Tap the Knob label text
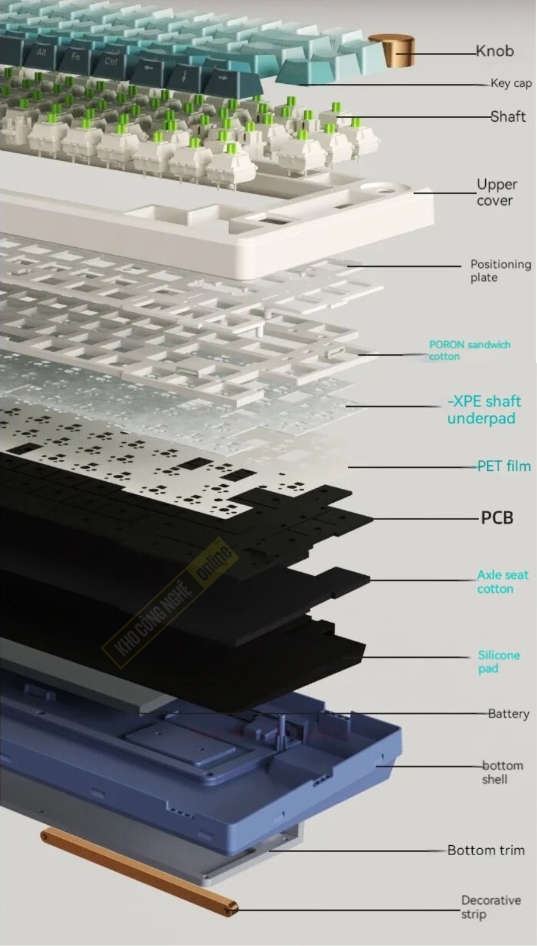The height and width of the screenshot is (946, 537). click(495, 51)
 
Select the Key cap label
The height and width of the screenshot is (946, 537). click(510, 83)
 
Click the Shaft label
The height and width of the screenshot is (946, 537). click(508, 117)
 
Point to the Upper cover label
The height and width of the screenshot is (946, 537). click(497, 192)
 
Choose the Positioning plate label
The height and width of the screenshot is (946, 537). click(500, 271)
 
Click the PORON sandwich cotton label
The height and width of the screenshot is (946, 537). click(469, 350)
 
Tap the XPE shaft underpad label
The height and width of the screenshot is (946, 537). click(484, 410)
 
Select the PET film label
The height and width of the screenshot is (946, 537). click(504, 466)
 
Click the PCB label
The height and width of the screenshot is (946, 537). click(497, 518)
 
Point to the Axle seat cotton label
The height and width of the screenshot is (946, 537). click(503, 581)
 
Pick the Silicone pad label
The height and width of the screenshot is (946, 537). click(499, 662)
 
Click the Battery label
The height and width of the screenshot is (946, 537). click(509, 714)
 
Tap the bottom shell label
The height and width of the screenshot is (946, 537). click(503, 772)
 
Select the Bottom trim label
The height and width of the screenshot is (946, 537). click(486, 850)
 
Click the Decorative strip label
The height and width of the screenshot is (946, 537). click(491, 907)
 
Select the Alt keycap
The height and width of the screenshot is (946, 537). click(41, 53)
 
